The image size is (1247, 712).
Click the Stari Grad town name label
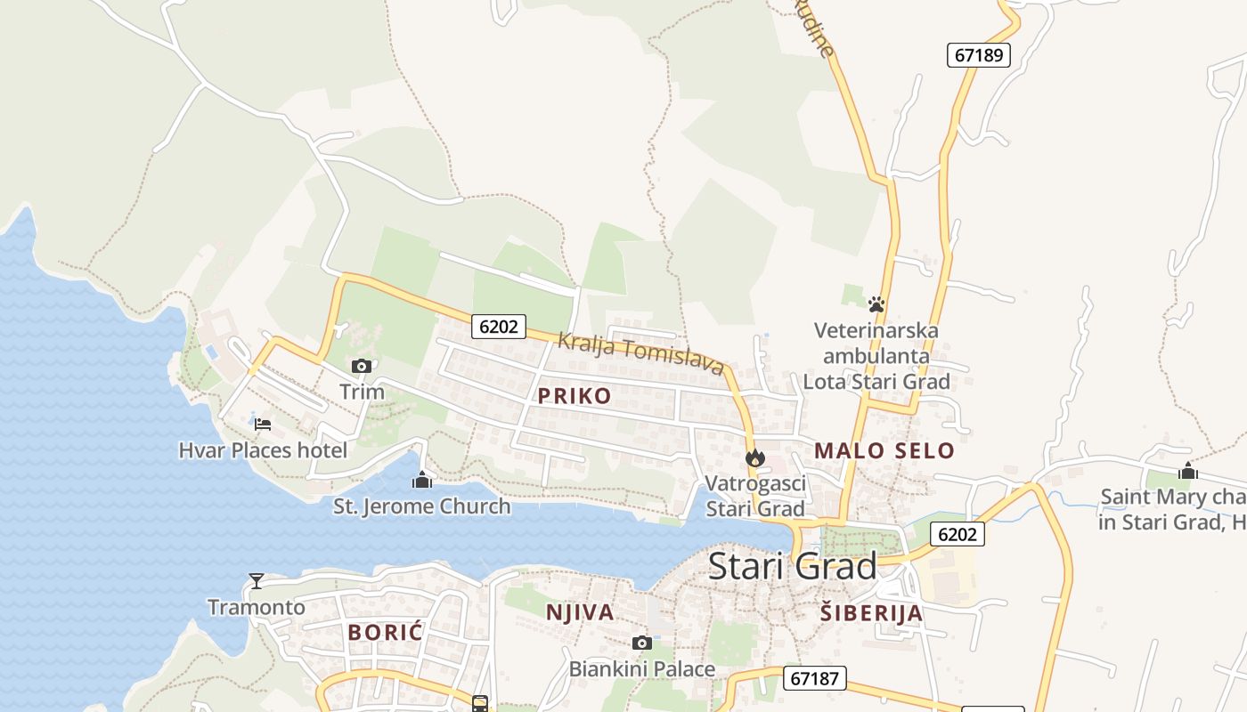tap(792, 566)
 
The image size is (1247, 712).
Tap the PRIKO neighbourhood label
tap(575, 396)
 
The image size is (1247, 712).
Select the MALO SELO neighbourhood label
tap(884, 451)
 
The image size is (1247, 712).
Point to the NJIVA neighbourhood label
tap(580, 612)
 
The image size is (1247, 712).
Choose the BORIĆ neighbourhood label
tap(385, 633)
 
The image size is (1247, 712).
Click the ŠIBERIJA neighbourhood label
tap(871, 613)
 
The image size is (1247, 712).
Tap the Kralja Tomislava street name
tap(640, 352)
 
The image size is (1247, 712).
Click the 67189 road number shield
tap(978, 55)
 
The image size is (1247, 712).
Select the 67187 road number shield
tap(814, 678)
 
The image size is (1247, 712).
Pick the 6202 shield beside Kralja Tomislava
tap(498, 327)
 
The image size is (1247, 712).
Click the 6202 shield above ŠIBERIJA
tap(958, 534)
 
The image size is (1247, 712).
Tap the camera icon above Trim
tap(361, 366)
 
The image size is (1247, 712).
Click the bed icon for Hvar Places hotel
tap(262, 425)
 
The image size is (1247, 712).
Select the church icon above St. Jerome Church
tap(421, 481)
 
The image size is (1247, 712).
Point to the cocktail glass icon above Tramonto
tap(257, 581)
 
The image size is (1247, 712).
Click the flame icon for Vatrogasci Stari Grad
tap(755, 458)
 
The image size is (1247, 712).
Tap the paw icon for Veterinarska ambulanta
tap(876, 304)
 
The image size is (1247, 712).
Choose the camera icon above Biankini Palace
tap(641, 643)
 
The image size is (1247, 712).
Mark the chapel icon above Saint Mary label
tap(1187, 471)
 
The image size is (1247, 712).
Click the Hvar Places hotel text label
tap(263, 450)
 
